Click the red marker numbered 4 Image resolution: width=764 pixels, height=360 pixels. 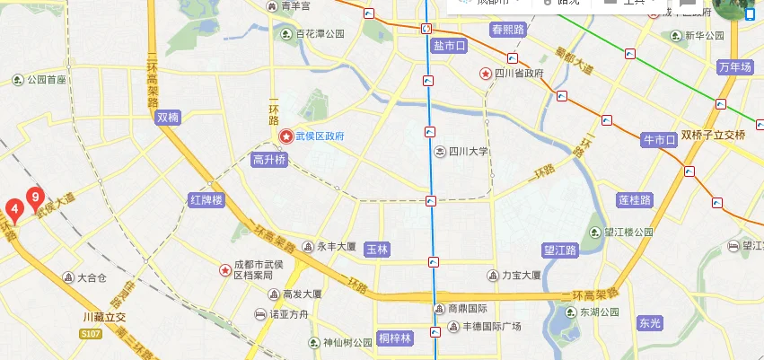coord(14,209)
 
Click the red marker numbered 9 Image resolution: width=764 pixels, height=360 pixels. coord(34,196)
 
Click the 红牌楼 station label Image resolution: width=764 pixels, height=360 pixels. coord(206,198)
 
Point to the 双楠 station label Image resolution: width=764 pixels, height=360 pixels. coord(168,117)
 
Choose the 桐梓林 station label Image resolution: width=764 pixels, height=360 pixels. coord(394,338)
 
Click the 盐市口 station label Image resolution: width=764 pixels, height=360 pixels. coord(449,45)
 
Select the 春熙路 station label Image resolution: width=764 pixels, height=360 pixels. coord(506,30)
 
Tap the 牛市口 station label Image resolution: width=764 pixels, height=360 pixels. coord(658,140)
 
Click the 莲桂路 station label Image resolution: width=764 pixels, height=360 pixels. coord(635,199)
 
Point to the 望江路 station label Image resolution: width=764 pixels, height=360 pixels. coord(562,250)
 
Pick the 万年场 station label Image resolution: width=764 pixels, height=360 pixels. coord(734,67)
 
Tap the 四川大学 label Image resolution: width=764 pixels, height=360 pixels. coord(468,152)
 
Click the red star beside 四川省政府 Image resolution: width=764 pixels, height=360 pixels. coord(485,74)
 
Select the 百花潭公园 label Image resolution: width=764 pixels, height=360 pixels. coord(321,34)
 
